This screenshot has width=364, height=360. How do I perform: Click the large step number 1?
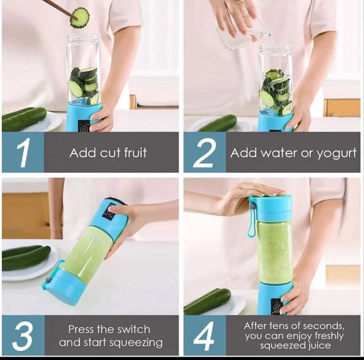click(23, 152)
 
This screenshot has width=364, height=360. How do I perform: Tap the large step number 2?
click(203, 152)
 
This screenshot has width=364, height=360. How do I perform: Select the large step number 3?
click(23, 336)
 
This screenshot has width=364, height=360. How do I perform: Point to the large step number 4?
click(204, 336)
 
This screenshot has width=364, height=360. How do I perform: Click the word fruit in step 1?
click(135, 152)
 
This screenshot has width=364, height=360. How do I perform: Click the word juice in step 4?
click(320, 346)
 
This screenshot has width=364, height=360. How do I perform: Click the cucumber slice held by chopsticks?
click(80, 18)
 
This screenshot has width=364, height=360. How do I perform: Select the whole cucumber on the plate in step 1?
click(24, 118)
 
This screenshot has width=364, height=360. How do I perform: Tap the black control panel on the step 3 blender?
click(111, 211)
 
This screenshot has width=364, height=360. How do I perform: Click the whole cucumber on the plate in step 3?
click(26, 257)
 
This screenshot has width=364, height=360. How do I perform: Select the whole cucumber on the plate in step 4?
click(207, 302)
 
